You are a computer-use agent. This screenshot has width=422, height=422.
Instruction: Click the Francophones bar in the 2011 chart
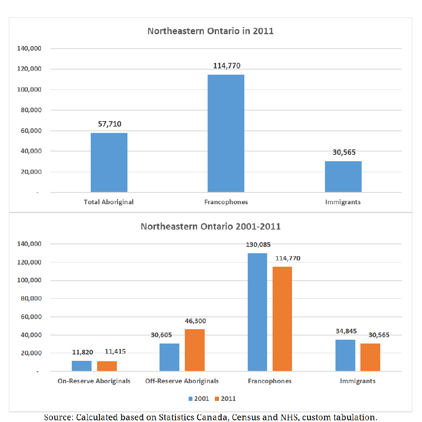pos(226,133)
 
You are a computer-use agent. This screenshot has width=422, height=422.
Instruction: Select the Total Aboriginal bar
pos(109,162)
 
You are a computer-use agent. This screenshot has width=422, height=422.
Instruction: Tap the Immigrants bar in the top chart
pos(343,176)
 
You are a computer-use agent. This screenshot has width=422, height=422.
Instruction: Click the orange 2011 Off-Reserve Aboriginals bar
pos(195,350)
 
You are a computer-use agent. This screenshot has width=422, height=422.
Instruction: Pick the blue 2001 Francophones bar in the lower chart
pos(257,312)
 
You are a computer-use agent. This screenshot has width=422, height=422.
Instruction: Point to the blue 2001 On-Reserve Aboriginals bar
pos(81,366)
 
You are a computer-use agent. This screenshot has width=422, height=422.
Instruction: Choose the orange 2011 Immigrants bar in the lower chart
pos(370,357)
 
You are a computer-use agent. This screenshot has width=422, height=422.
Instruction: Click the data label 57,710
pos(110,124)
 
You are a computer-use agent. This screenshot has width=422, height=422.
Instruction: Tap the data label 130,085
pos(258,245)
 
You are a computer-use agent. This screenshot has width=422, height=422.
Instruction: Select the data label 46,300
pos(195,321)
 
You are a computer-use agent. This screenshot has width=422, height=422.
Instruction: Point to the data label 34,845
pos(346,331)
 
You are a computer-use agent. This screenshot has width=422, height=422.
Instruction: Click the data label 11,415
pos(115,352)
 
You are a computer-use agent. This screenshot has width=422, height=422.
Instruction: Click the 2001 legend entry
pos(199,399)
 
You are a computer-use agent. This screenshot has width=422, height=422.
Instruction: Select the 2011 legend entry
pos(225,399)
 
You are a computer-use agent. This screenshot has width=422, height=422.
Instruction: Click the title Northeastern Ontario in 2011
pos(211,31)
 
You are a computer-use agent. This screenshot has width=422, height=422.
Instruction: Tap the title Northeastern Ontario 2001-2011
pos(211,227)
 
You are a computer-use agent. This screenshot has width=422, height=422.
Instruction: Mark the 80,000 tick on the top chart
pos(31,110)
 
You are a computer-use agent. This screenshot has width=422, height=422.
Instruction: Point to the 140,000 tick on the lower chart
pos(30,244)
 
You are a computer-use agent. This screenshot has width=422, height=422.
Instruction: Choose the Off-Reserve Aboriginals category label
pos(182,381)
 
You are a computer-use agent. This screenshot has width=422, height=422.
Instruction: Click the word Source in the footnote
pos(59,417)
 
